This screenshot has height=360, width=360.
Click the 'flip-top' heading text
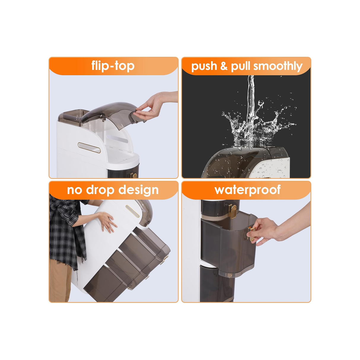(x=113, y=66)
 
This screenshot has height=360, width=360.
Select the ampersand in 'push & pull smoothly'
(x=224, y=66)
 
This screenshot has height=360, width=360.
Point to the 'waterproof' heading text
(x=247, y=190)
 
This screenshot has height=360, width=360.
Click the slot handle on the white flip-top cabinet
(x=89, y=148)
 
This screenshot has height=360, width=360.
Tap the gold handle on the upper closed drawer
(x=232, y=211)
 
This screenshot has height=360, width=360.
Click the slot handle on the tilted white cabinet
(x=132, y=211)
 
